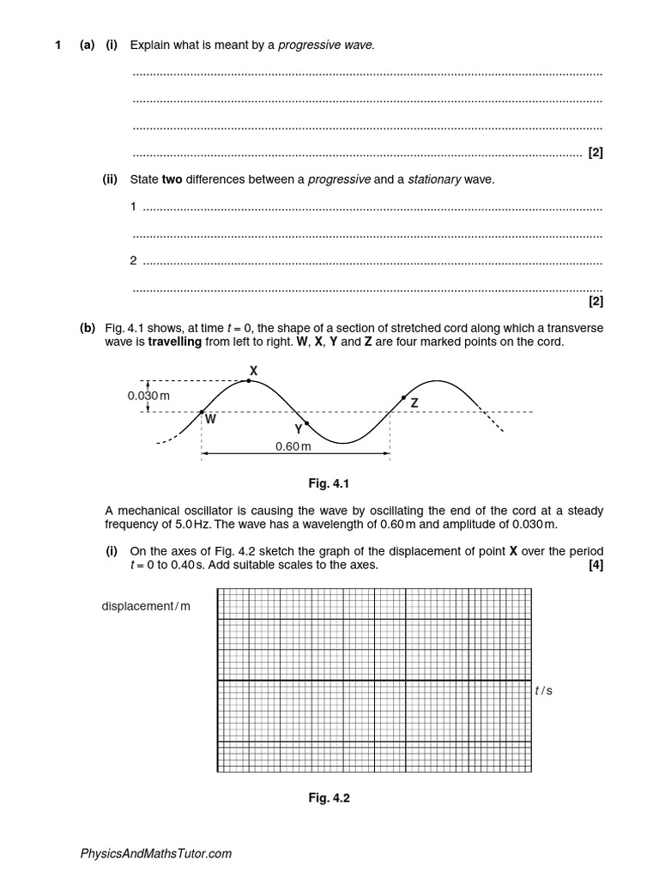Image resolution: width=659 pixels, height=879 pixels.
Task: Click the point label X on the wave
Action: pos(253,370)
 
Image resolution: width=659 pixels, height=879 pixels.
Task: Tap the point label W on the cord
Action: pos(210,421)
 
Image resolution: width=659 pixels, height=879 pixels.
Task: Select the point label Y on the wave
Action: pos(298,428)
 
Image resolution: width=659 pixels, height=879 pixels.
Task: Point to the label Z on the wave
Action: pos(414,402)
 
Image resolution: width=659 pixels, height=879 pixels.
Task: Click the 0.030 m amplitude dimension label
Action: pos(149,396)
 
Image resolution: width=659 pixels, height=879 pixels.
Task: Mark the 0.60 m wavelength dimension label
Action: pos(293,447)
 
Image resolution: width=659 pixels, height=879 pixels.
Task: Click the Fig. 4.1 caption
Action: pos(329,484)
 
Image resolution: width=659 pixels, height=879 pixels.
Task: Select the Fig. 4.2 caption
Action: pos(329,797)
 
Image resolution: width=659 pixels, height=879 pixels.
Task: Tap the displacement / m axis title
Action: pos(145,606)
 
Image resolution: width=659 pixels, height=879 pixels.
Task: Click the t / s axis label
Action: pos(543,690)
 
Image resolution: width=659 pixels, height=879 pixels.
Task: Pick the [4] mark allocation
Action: pos(596,565)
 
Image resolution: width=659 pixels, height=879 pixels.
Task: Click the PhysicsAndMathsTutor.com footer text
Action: pos(156,853)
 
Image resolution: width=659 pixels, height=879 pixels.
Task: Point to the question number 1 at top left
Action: pos(57,45)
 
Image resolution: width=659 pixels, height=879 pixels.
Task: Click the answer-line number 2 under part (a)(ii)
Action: pos(134,261)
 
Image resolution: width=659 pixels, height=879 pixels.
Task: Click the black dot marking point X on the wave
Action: pos(249,380)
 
